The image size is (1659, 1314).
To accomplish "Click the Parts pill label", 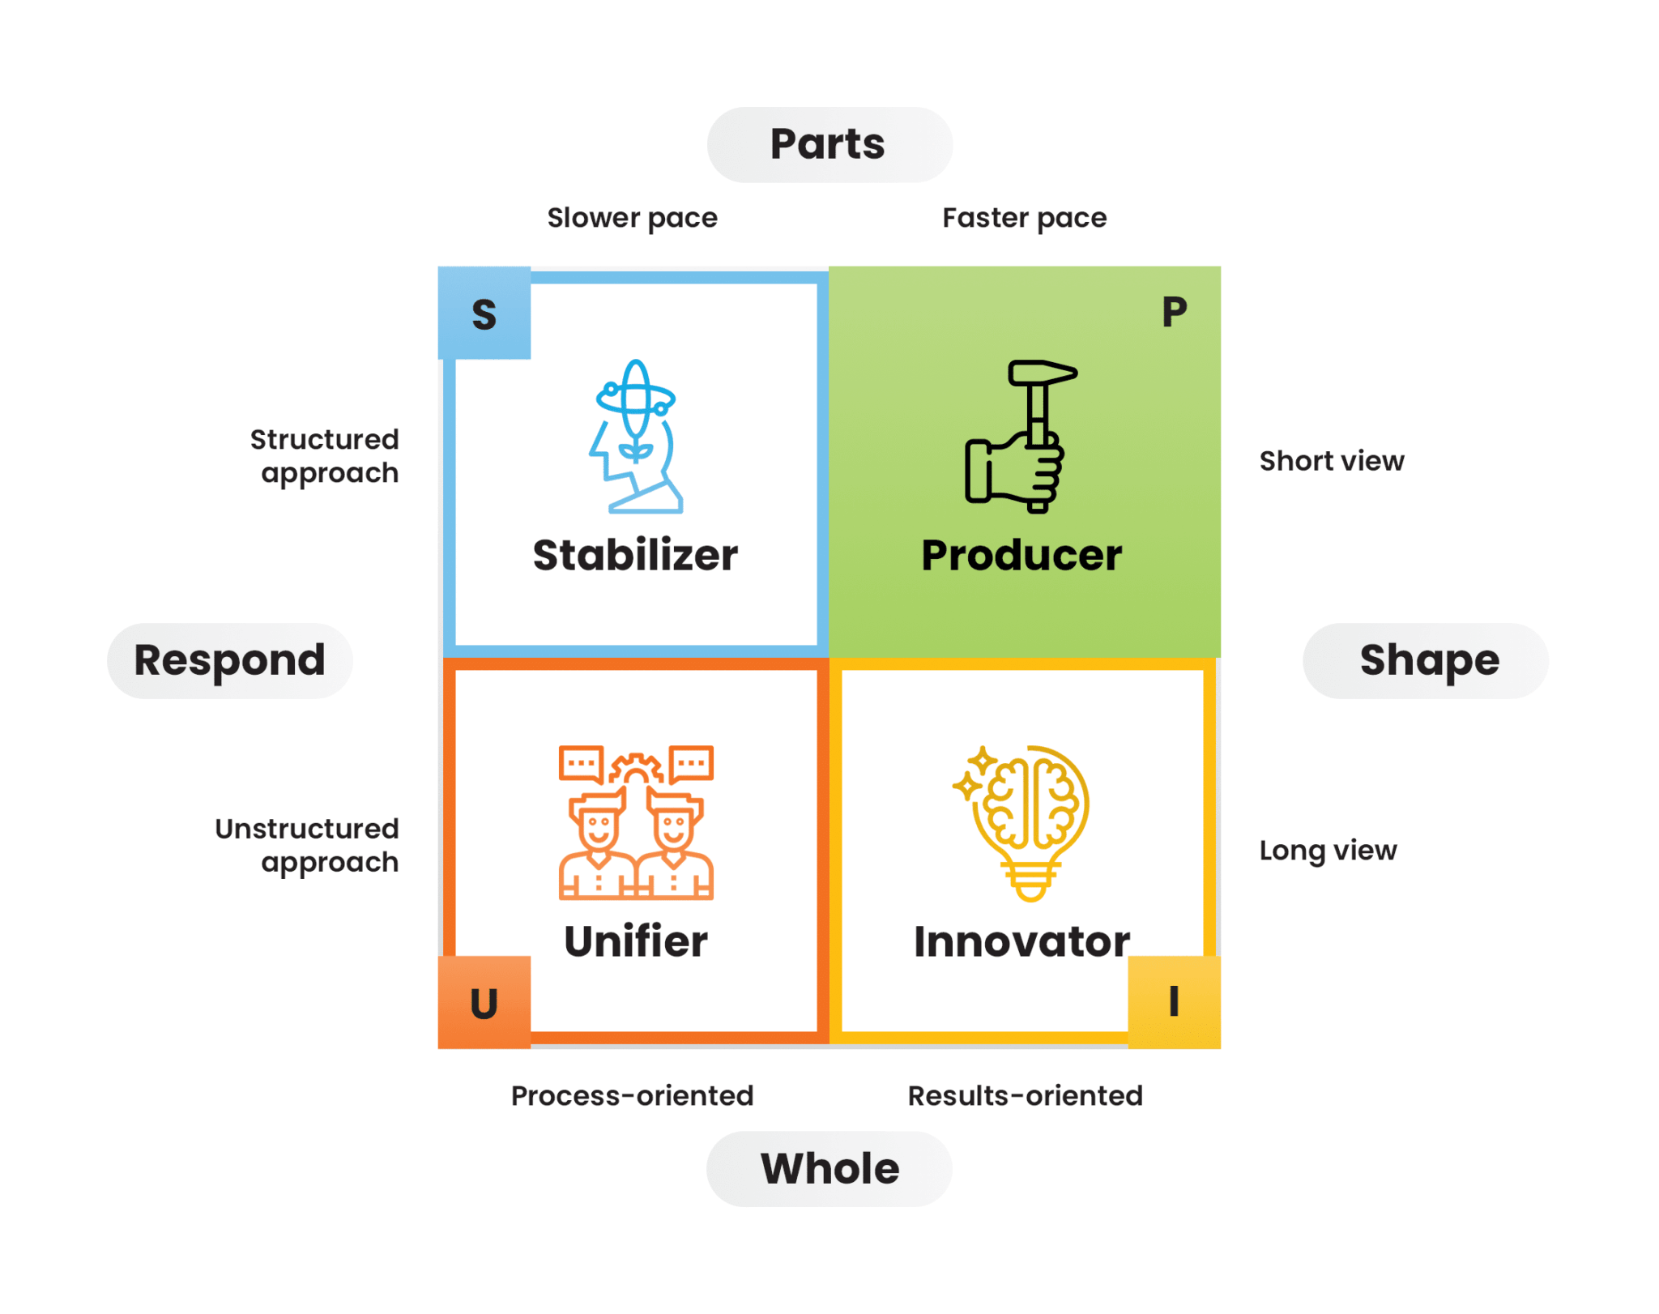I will click(829, 145).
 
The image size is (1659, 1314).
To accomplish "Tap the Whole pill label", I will click(829, 1168).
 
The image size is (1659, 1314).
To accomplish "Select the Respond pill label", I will click(229, 660).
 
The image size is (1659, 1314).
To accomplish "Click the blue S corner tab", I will click(484, 313).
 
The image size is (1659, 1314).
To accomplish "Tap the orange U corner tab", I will click(484, 1002).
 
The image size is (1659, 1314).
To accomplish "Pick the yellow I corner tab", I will click(1174, 1002).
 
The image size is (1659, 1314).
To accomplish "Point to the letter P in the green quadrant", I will click(1174, 312).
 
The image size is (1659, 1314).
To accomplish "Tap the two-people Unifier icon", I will click(636, 821).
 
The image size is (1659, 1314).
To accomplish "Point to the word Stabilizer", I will click(635, 556).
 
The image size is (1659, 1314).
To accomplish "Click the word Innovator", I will click(1021, 941).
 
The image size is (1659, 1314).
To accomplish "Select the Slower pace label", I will click(632, 218).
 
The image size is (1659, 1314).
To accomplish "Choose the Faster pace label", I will click(1024, 218).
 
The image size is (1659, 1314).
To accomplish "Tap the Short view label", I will click(1331, 461).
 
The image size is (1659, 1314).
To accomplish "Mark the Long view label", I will click(1328, 851).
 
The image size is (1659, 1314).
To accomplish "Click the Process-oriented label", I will click(632, 1095).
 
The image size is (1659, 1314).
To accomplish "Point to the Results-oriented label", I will click(1025, 1095).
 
